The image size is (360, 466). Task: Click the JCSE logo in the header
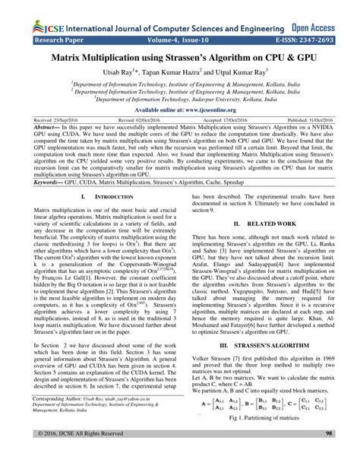point(24,11)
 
